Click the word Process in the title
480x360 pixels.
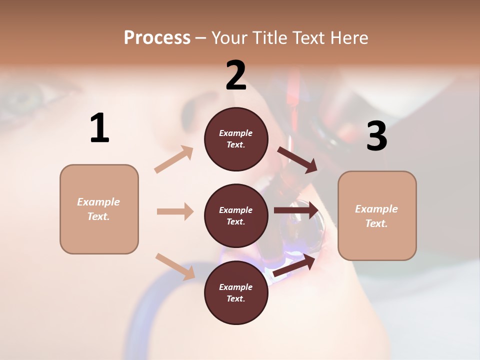point(157,38)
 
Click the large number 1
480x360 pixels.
point(99,128)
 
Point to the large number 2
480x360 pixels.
point(236,75)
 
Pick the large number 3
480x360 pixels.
point(376,136)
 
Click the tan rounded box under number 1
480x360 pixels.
point(99,209)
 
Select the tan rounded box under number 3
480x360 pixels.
point(377,215)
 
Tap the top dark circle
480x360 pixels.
point(236,139)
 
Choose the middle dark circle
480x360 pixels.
point(236,215)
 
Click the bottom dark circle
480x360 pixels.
point(236,292)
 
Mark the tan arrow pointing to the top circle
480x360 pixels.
point(174,159)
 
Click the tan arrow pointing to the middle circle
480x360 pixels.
point(175,211)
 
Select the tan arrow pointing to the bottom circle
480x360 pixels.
point(175,266)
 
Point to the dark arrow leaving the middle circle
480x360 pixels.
point(296,210)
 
